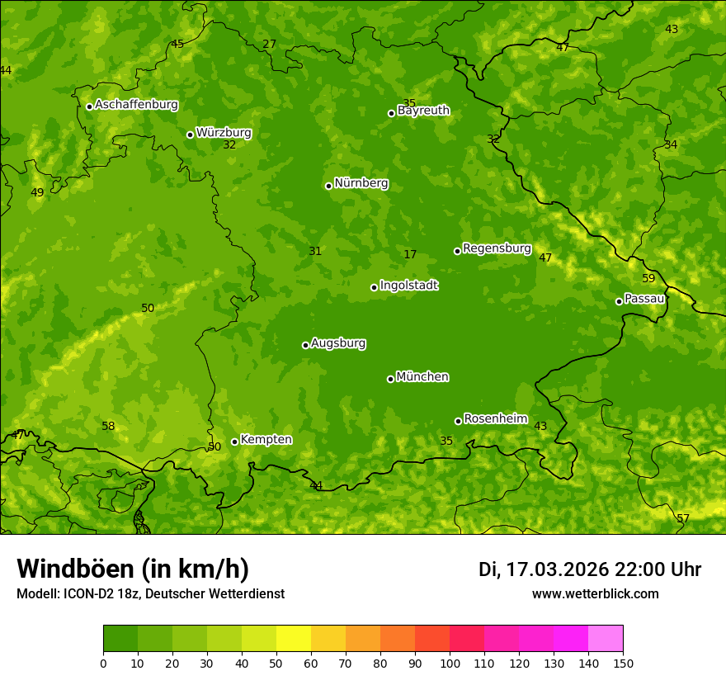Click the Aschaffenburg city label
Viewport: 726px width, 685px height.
136,105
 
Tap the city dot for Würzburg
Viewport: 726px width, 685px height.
190,135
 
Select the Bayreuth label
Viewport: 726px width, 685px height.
423,111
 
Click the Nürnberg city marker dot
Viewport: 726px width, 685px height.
328,186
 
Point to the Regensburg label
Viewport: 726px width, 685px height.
497,248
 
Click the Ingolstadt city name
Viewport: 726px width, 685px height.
408,286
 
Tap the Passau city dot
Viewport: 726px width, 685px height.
619,301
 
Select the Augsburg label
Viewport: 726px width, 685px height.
338,343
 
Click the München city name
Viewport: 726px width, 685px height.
422,377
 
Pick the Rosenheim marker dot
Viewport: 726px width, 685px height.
458,421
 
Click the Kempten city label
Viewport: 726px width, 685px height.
266,440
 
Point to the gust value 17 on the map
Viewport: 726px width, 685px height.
410,254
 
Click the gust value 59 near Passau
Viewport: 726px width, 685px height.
648,278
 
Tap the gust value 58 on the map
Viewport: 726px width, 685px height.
108,426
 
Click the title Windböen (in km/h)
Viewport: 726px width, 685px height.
133,569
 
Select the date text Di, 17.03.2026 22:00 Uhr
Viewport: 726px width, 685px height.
589,569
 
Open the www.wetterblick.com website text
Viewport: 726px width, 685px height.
595,594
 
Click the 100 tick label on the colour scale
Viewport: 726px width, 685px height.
450,663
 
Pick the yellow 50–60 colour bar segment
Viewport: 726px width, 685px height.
294,639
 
